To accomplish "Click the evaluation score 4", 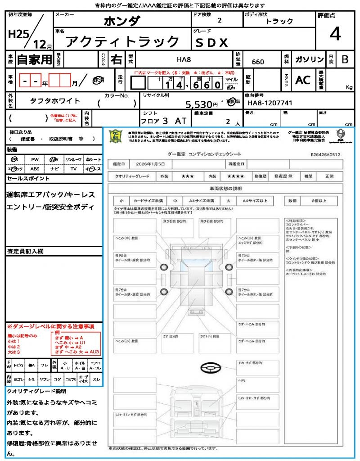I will click(x=334, y=34).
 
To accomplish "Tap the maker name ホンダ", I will click(x=122, y=21).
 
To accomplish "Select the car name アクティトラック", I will click(x=122, y=41).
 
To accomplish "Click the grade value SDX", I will click(x=211, y=42).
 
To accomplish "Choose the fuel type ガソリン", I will click(x=309, y=59).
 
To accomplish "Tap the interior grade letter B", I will click(x=345, y=59).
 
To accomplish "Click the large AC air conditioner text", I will click(x=303, y=80).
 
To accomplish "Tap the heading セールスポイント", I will click(x=28, y=178).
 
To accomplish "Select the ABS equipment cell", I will click(x=35, y=168).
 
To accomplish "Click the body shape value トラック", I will click(x=279, y=21).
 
